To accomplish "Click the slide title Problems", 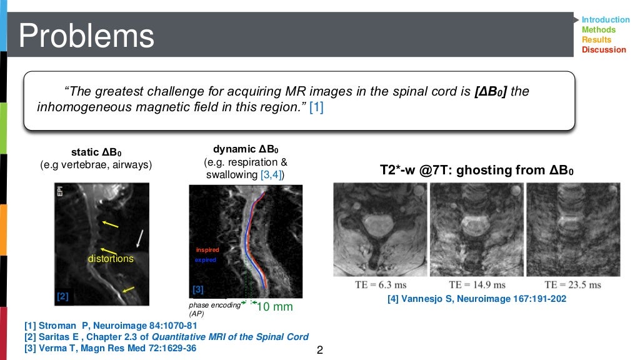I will [87, 36].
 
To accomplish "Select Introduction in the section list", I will [605, 20].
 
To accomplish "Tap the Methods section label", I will [598, 30].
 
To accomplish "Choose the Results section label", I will [596, 40].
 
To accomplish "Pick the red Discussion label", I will [603, 50].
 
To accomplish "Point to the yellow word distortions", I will [111, 258].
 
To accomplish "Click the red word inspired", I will [207, 250].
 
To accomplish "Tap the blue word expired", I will [206, 259].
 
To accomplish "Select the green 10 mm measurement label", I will [275, 307].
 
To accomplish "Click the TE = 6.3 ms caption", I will [373, 285].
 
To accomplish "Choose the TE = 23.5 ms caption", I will [572, 285].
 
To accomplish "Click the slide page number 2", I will [320, 350].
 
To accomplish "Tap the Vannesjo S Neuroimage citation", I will [477, 299].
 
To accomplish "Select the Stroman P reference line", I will [111, 326].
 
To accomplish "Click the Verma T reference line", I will [110, 348].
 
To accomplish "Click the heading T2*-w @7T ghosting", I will [476, 170].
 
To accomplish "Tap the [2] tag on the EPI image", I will [62, 297].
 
